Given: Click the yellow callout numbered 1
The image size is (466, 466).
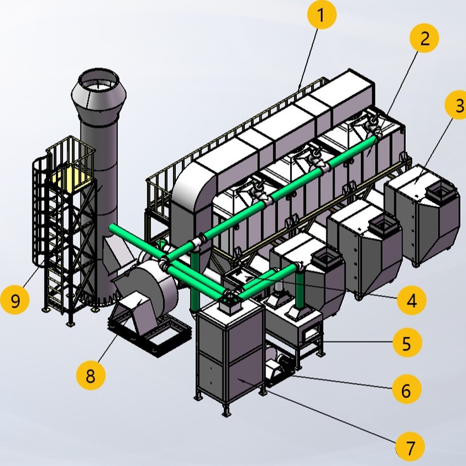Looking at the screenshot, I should coord(321,17).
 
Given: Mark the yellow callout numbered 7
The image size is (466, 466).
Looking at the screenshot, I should coord(410,447).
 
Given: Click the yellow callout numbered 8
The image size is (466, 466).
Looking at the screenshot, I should coord(91,375).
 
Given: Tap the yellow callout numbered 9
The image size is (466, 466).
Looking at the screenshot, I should coord(15,300).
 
